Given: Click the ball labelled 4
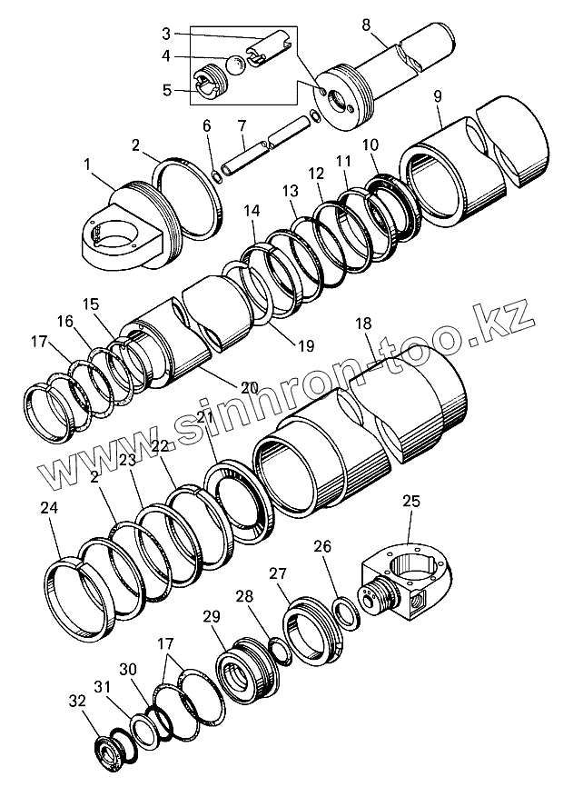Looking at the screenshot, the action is [234, 65].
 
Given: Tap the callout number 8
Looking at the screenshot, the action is [367, 24].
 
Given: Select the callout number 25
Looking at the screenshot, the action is [410, 501].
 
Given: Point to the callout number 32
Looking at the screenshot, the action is [78, 701].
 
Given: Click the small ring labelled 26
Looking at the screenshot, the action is [347, 612].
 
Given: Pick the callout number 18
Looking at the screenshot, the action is [363, 324].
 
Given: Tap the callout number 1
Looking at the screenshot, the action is [88, 164].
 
